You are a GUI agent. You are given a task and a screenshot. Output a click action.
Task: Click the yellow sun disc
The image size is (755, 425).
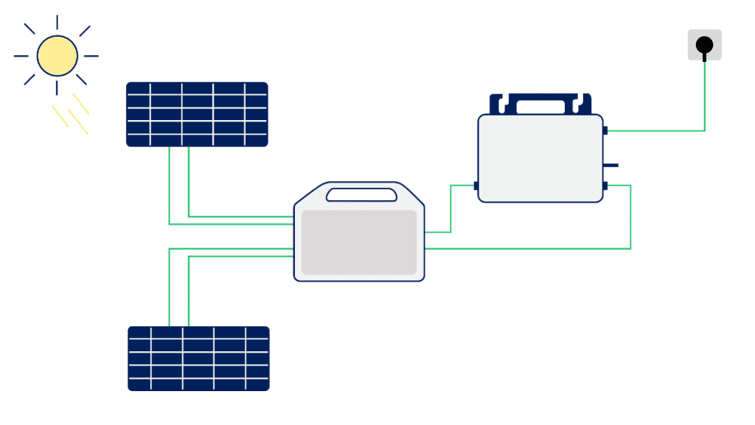(x=57, y=56)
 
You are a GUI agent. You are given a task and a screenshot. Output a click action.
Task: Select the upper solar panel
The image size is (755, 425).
(x=197, y=114)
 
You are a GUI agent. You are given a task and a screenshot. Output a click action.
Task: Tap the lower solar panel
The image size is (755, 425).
(x=198, y=359)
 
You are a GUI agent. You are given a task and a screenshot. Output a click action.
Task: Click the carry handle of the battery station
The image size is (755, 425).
(x=360, y=195)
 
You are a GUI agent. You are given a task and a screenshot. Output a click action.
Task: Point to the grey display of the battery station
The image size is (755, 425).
(x=359, y=242)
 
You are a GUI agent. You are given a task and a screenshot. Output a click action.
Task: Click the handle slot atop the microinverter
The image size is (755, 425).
(x=541, y=107)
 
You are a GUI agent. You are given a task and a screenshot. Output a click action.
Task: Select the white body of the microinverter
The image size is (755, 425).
(x=540, y=158)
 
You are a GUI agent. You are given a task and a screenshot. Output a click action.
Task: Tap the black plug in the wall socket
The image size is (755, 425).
(x=704, y=46)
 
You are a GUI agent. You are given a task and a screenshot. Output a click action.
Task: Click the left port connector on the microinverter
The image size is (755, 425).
(x=476, y=186)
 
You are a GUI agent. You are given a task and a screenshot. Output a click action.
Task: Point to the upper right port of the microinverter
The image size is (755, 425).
(x=605, y=130)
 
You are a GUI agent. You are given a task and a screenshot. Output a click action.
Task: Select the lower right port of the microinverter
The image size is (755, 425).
(x=605, y=186)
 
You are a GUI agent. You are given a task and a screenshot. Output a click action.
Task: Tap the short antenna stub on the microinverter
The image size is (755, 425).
(x=611, y=165)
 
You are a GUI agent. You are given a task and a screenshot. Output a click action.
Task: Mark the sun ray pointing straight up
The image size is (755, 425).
(x=57, y=22)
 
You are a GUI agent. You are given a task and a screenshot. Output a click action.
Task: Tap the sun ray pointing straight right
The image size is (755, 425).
(x=91, y=56)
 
